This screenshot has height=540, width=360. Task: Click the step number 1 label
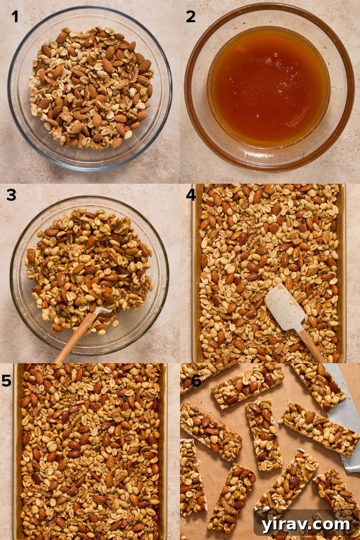[x=15, y=17]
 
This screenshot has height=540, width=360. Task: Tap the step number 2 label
[x=191, y=17]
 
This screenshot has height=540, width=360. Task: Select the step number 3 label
[x=12, y=195]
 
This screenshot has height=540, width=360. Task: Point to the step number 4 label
[x=191, y=195]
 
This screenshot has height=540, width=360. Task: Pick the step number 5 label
[x=7, y=380]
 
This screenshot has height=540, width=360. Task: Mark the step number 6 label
[x=195, y=380]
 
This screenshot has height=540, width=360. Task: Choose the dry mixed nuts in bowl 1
[x=90, y=87]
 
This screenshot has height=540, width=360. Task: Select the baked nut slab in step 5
[x=90, y=450]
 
